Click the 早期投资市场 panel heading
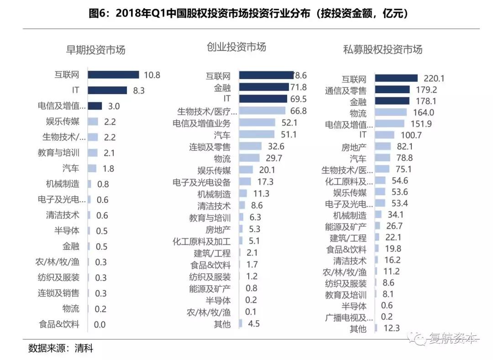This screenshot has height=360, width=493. (x=96, y=50)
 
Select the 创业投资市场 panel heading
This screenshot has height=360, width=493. (x=236, y=47)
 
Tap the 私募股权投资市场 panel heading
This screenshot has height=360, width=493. (x=383, y=50)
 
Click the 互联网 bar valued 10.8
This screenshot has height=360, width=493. (x=113, y=75)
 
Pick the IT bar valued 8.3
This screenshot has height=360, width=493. (x=107, y=90)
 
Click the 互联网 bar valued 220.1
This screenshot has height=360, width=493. (x=396, y=79)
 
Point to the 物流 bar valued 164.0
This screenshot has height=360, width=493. (x=391, y=112)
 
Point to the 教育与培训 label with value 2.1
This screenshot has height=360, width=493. (x=58, y=153)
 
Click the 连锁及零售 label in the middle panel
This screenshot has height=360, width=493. (x=210, y=147)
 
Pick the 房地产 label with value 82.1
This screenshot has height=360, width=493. (x=354, y=148)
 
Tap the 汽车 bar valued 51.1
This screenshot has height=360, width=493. (x=257, y=135)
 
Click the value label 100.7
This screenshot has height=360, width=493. (x=409, y=135)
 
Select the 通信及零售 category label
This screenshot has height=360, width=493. (x=346, y=90)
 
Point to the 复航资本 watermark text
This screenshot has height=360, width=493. (x=452, y=339)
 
